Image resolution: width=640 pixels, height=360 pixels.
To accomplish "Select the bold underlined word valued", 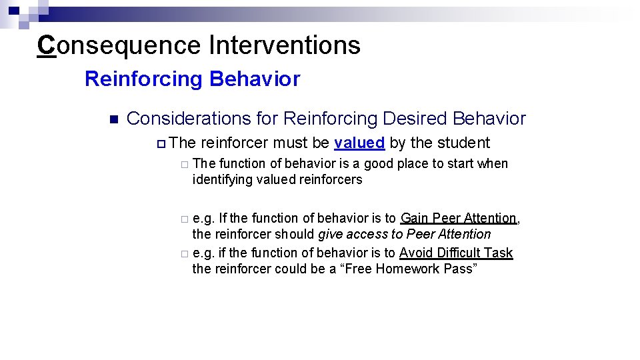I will [x=359, y=143].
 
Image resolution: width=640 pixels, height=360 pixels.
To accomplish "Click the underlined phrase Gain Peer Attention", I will [x=458, y=219].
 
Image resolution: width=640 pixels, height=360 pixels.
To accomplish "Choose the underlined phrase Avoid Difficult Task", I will [x=456, y=253].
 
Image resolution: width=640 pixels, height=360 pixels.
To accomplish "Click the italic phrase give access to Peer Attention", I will [x=404, y=235].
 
